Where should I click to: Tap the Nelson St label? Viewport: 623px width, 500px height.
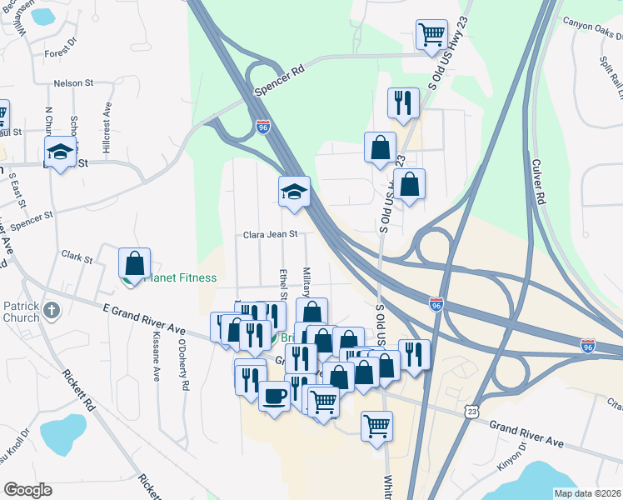coord(72,83)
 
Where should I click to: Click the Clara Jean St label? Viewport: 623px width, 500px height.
coord(270,235)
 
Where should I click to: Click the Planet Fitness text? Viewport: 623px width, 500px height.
coord(181,278)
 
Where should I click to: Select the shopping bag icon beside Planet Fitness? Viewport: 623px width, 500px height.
coord(134,263)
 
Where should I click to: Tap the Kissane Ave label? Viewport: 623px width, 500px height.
coord(156,358)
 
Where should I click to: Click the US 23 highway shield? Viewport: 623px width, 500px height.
coord(472,412)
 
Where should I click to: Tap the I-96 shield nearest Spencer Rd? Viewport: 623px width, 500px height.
coord(263,127)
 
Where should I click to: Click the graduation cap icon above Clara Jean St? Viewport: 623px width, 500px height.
coord(294,192)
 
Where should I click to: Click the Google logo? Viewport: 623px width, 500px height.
coord(27,490)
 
